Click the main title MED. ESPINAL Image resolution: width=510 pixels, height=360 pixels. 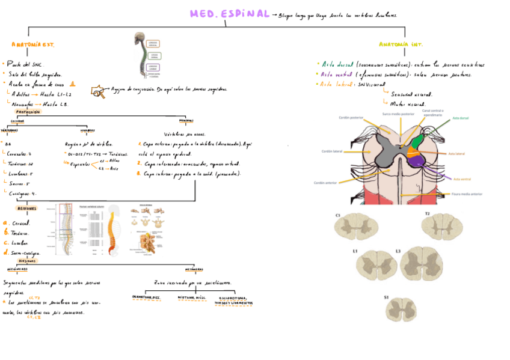pyautogui.click(x=229, y=14)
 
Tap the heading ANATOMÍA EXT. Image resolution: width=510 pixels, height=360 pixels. pyautogui.click(x=33, y=45)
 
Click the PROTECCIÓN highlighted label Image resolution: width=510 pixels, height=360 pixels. pyautogui.click(x=28, y=112)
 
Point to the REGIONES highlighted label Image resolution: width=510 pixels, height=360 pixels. pyautogui.click(x=26, y=209)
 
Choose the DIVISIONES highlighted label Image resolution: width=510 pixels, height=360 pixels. pyautogui.click(x=26, y=261)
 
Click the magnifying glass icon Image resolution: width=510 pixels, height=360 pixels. pyautogui.click(x=97, y=91)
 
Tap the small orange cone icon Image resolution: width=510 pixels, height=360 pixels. pyautogui.click(x=73, y=84)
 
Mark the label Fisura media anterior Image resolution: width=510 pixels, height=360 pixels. pyautogui.click(x=466, y=194)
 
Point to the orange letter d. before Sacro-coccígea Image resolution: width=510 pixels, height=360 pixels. pyautogui.click(x=5, y=252)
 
